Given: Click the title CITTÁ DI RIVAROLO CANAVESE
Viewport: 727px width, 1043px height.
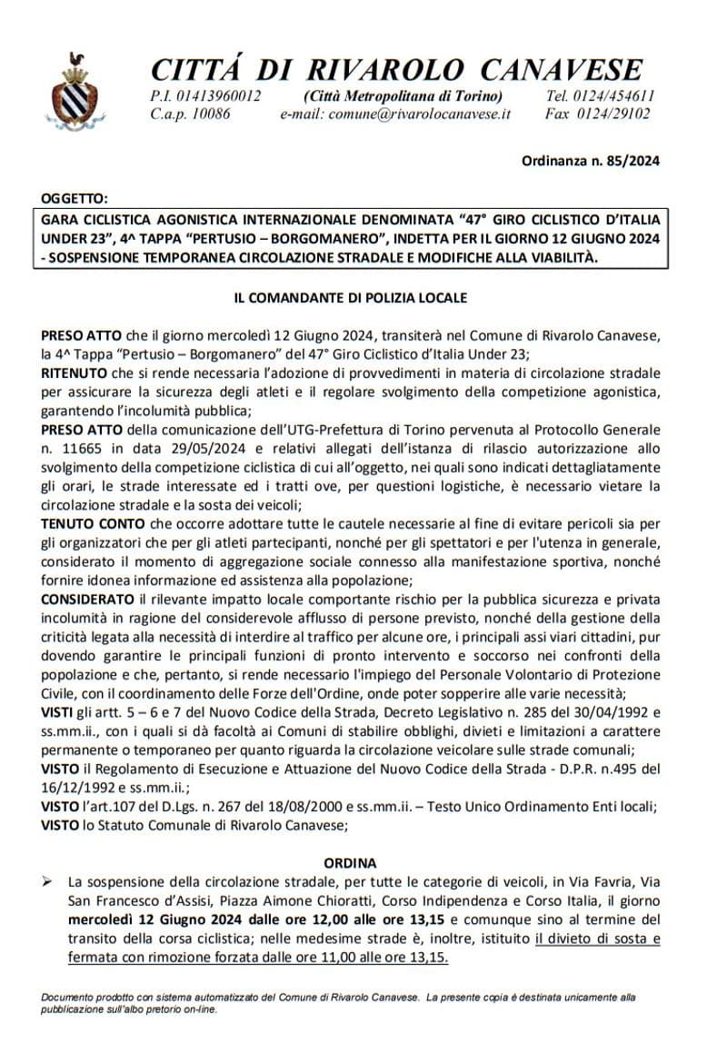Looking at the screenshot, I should pos(396,69).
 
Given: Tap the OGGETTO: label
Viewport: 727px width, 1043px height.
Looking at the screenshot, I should pos(75,197).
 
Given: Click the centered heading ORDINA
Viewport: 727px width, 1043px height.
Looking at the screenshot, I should pos(350,863).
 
